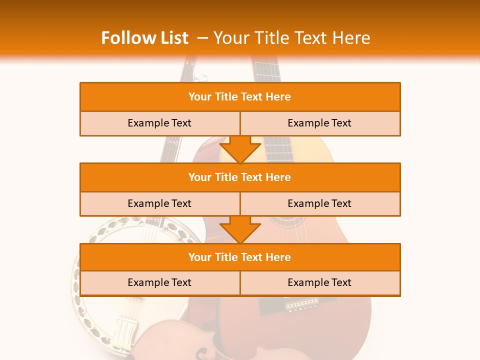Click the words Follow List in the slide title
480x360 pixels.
coord(144,38)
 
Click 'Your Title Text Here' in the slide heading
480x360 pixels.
coord(292,38)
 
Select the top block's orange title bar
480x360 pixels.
coord(239,97)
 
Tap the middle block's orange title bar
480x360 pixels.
coord(239,177)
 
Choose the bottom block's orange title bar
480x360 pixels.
coord(239,257)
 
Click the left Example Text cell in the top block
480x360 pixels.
coord(159,123)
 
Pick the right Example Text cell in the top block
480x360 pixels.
coord(319,123)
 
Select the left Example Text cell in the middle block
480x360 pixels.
coord(159,203)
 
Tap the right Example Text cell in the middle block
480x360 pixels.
coord(319,203)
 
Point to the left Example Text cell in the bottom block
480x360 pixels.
coord(159,282)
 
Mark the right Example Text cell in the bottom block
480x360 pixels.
coord(319,282)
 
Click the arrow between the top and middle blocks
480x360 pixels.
coord(240,149)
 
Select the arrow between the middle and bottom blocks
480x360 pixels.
coord(240,229)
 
